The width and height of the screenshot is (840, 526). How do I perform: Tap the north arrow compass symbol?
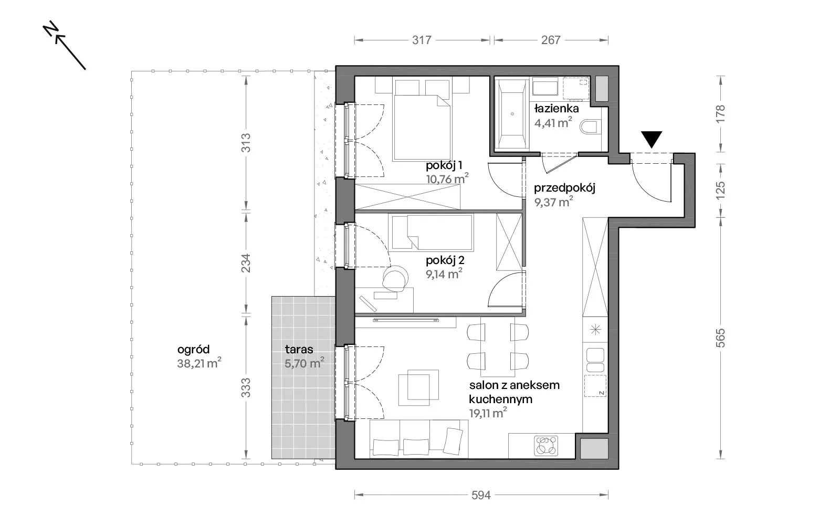[x=64, y=45]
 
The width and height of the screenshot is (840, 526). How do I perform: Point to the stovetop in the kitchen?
[x=546, y=445]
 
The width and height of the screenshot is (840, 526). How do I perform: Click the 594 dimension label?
[x=481, y=495]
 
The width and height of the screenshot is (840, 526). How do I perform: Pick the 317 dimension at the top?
[x=422, y=40]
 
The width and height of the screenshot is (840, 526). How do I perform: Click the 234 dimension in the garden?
[x=246, y=263]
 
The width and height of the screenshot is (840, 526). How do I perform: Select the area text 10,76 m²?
[x=447, y=178]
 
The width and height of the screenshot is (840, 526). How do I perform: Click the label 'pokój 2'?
[x=445, y=260]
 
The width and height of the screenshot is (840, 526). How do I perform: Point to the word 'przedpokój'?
[x=564, y=187]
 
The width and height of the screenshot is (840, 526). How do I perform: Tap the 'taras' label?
[x=299, y=350]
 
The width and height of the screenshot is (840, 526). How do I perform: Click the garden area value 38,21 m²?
[x=199, y=363]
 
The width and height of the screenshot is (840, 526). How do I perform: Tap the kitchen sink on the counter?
[x=595, y=360]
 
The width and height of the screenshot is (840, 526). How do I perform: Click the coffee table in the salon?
[x=418, y=387]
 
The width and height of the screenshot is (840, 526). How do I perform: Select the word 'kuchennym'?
[x=501, y=399]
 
